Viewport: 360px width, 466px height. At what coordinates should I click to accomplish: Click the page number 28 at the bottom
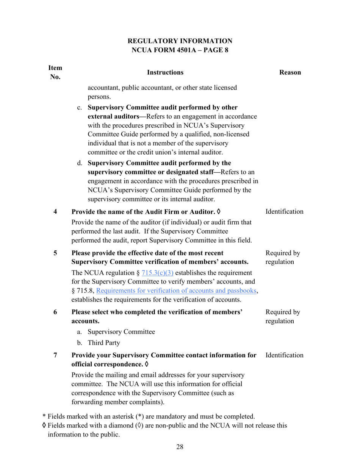tap(180, 447)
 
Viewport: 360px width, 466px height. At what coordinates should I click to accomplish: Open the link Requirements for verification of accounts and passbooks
tap(177, 291)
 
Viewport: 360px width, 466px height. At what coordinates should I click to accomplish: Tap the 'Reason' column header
tap(290, 72)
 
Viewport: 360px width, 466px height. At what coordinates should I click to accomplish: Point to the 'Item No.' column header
tap(55, 72)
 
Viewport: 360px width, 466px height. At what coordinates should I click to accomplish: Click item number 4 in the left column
tap(55, 211)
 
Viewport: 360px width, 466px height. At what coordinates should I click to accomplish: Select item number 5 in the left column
tap(55, 253)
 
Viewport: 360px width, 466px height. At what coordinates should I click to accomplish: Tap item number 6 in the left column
tap(55, 312)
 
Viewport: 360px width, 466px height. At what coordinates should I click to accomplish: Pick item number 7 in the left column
tap(55, 355)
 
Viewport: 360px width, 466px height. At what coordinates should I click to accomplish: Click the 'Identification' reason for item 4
tap(284, 211)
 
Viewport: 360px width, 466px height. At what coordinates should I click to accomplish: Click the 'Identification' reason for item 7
tap(284, 355)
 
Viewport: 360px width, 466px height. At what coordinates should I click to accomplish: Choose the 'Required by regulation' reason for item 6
tap(283, 317)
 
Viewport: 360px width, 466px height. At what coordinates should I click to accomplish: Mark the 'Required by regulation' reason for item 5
tap(283, 258)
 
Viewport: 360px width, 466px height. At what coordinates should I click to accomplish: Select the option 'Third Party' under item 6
tap(104, 343)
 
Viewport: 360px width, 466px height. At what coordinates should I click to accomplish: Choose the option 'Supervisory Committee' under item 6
tap(121, 332)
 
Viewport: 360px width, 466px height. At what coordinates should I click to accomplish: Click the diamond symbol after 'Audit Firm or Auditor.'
tap(218, 211)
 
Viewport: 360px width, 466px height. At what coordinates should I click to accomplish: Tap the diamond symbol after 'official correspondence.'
tap(147, 364)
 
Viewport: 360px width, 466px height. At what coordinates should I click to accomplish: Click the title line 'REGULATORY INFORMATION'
tap(180, 41)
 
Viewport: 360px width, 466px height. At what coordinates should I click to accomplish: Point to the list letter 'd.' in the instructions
tap(80, 163)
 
